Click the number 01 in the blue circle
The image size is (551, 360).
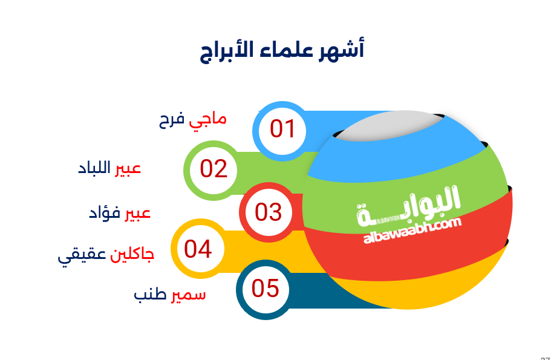coord(282,129)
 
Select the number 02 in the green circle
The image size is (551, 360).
coord(214,169)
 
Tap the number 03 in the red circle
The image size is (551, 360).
coord(269,212)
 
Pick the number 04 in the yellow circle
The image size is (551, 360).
coord(198,249)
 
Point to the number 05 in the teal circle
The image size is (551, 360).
coord(266,288)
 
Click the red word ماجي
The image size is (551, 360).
coord(207,120)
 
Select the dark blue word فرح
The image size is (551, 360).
coord(172,120)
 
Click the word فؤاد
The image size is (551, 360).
coord(105,213)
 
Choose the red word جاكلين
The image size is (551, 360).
coord(132,255)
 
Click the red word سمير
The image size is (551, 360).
coord(188,295)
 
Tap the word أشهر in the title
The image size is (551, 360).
coord(341,50)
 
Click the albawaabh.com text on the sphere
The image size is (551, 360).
coord(412,231)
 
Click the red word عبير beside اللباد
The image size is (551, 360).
coord(128,168)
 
